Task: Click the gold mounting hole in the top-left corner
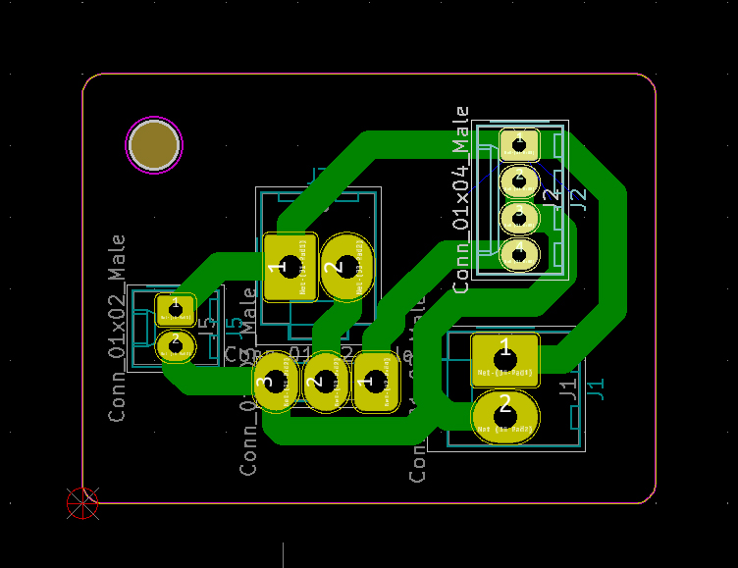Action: (154, 145)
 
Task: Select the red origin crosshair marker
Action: (82, 503)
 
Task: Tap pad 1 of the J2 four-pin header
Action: (519, 146)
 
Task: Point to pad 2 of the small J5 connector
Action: (176, 345)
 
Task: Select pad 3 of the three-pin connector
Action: (276, 382)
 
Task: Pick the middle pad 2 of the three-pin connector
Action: (326, 382)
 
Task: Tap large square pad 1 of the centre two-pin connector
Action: (290, 266)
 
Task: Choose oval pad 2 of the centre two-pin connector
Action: (347, 266)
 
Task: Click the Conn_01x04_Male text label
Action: (461, 199)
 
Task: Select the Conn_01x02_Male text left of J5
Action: (118, 328)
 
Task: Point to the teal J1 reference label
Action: (596, 387)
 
